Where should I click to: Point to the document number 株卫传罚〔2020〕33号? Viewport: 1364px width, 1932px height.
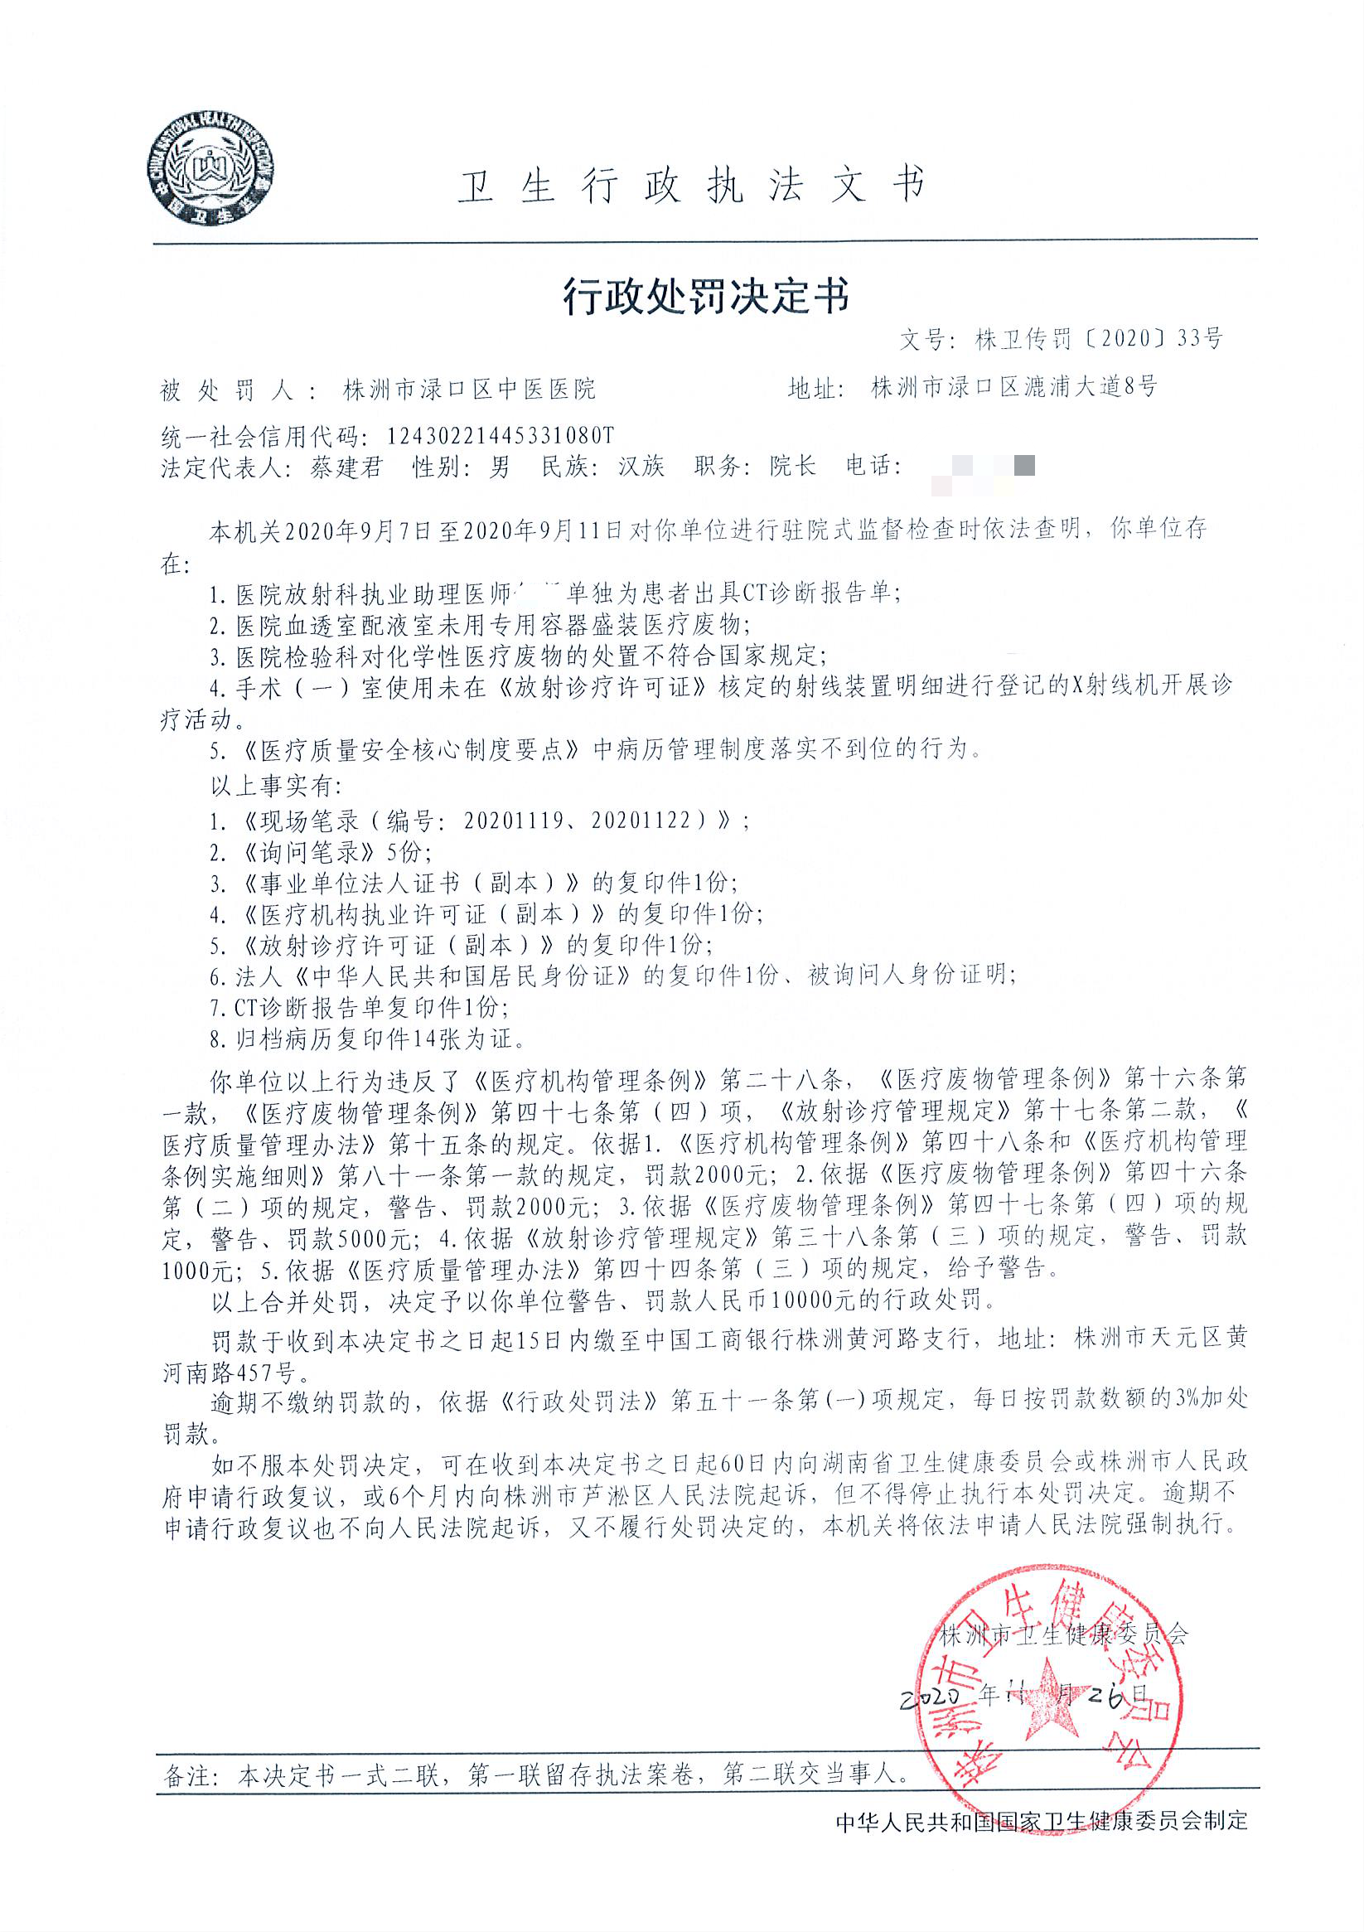click(x=1097, y=339)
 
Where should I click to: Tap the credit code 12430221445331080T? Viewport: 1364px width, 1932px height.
click(x=501, y=435)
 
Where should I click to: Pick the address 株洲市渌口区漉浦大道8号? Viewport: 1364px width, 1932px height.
click(x=1014, y=387)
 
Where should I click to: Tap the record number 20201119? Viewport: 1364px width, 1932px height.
click(x=513, y=821)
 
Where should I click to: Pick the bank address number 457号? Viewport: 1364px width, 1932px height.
click(x=266, y=1373)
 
